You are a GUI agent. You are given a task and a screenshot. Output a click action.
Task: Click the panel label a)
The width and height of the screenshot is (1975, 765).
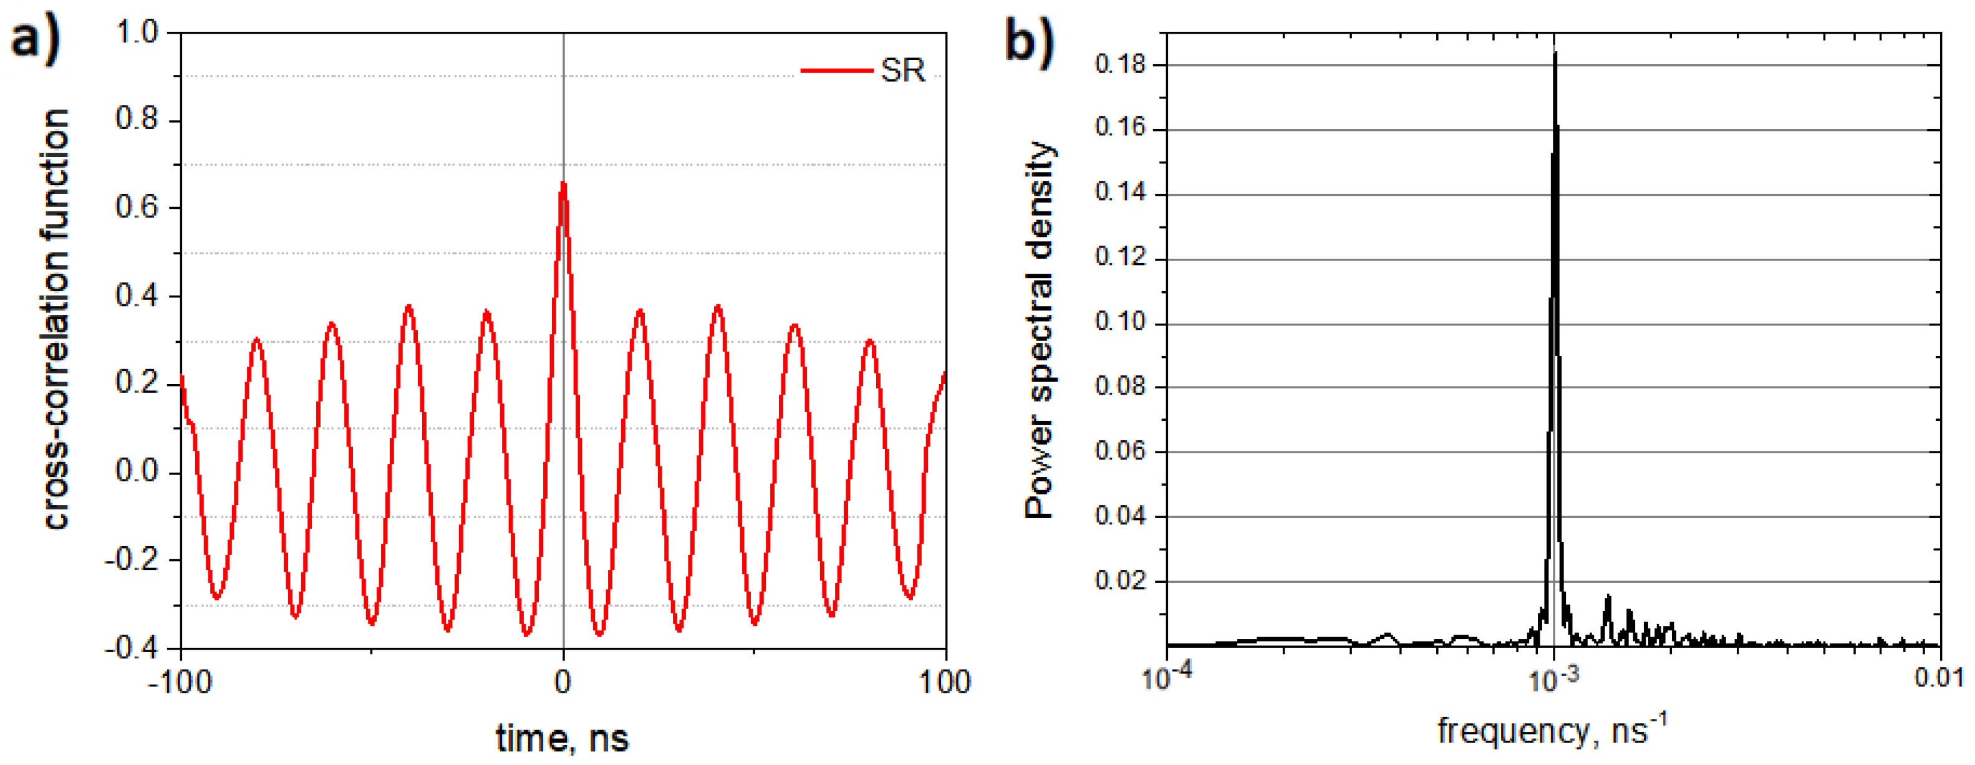click(x=34, y=38)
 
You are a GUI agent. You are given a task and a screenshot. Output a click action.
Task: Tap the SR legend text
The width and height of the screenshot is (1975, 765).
click(x=902, y=70)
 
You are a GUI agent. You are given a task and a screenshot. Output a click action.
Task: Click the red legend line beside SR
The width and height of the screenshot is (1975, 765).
click(x=836, y=70)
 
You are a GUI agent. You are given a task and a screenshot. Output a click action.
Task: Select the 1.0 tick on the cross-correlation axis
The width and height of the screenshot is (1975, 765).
click(x=137, y=32)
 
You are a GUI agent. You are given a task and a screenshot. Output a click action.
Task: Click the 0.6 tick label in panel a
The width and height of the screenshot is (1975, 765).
click(x=137, y=208)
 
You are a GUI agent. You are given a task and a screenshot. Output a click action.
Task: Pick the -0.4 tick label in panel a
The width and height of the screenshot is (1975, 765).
click(x=132, y=648)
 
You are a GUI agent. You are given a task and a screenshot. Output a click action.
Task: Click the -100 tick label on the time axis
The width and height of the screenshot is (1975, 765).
click(x=180, y=681)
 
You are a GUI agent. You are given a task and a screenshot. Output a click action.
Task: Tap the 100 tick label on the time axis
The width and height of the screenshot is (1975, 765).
click(x=945, y=681)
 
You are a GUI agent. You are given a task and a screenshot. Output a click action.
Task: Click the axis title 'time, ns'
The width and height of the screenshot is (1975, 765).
click(x=562, y=738)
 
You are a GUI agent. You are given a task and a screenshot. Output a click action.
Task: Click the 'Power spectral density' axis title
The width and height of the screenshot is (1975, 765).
click(x=1040, y=330)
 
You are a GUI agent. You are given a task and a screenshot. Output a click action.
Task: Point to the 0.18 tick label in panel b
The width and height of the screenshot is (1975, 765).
click(x=1119, y=64)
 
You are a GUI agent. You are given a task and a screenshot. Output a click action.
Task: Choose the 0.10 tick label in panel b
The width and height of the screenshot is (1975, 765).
click(x=1119, y=324)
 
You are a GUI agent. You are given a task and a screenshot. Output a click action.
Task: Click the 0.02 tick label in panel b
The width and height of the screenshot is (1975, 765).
click(x=1119, y=581)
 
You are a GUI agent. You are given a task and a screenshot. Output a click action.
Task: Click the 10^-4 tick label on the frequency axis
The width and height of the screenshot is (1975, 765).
click(x=1167, y=677)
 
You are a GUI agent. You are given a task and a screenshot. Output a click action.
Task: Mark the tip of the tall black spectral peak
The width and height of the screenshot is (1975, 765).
click(x=1555, y=52)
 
